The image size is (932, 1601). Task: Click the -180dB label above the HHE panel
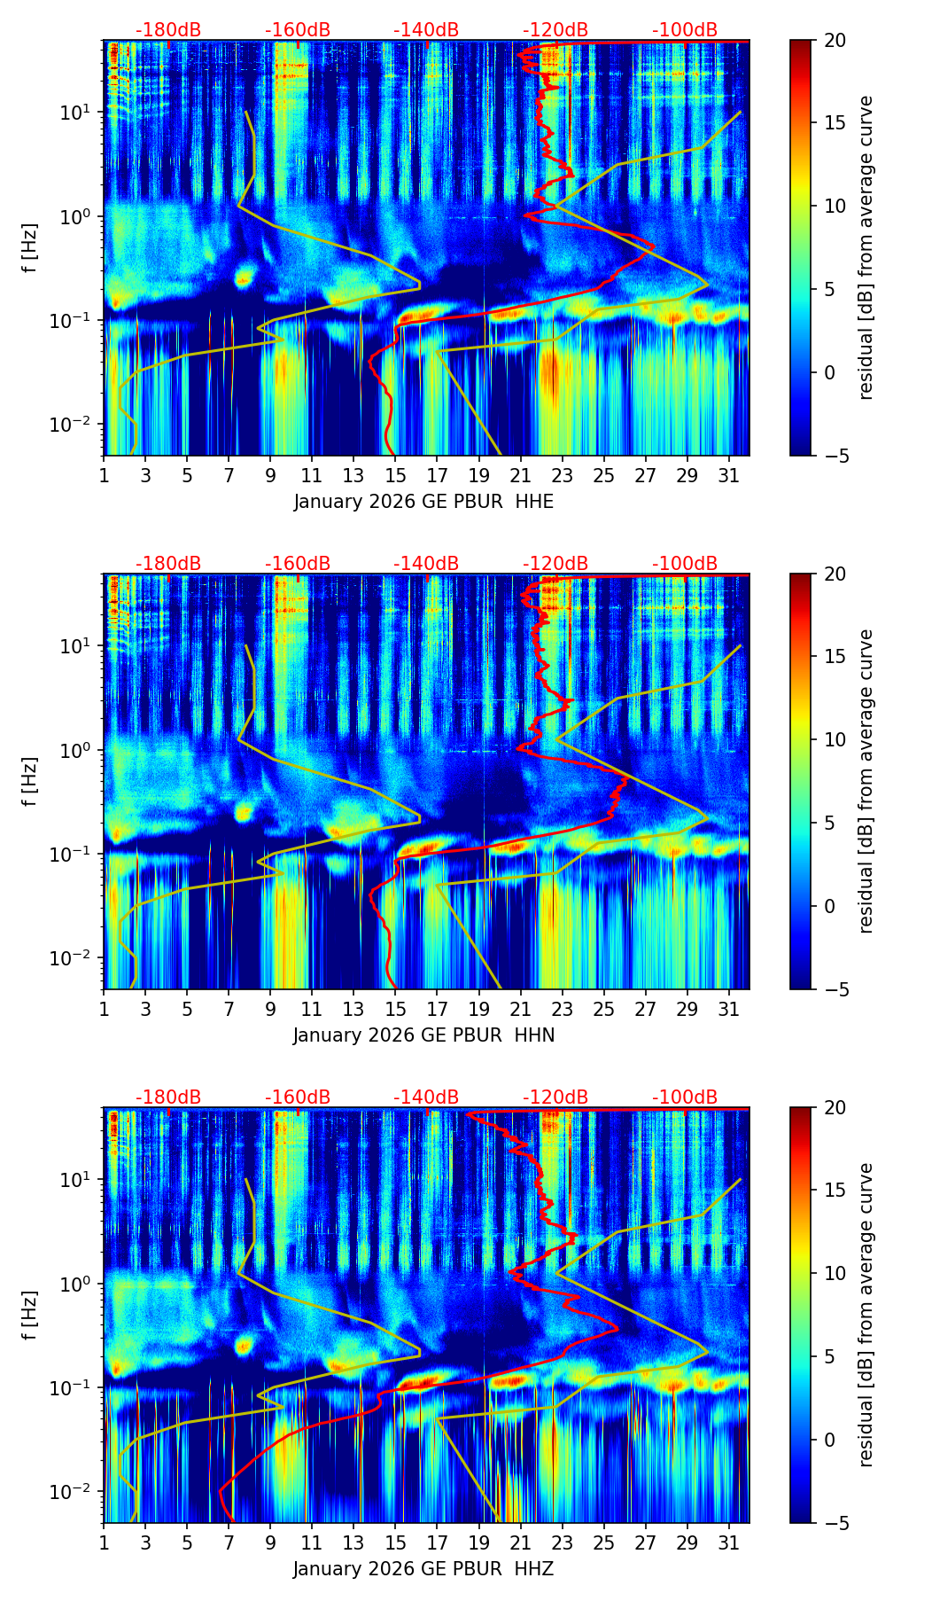pos(168,30)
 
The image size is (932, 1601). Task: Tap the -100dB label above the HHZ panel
pos(685,1097)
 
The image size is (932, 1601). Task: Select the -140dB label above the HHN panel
pos(426,564)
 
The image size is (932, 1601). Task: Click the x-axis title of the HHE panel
pos(423,502)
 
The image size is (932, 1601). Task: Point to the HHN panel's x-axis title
pos(423,1035)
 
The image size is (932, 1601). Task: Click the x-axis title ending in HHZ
pos(423,1569)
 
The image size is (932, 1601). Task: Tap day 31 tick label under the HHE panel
pos(728,476)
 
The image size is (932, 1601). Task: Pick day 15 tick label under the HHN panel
pos(395,1010)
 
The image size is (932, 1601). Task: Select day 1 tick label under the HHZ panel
pos(104,1543)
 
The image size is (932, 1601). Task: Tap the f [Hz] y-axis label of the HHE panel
pos(30,248)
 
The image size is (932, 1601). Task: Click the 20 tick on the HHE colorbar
pos(835,41)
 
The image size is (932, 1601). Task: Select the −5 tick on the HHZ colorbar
pos(835,1523)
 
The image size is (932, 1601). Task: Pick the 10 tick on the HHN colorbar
pos(835,739)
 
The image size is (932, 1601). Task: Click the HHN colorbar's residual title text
pos(866,781)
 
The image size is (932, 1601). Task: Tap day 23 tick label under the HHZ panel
pos(562,1543)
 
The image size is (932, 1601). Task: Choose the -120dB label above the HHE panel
pos(555,30)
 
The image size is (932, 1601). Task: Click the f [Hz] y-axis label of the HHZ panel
pos(30,1316)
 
